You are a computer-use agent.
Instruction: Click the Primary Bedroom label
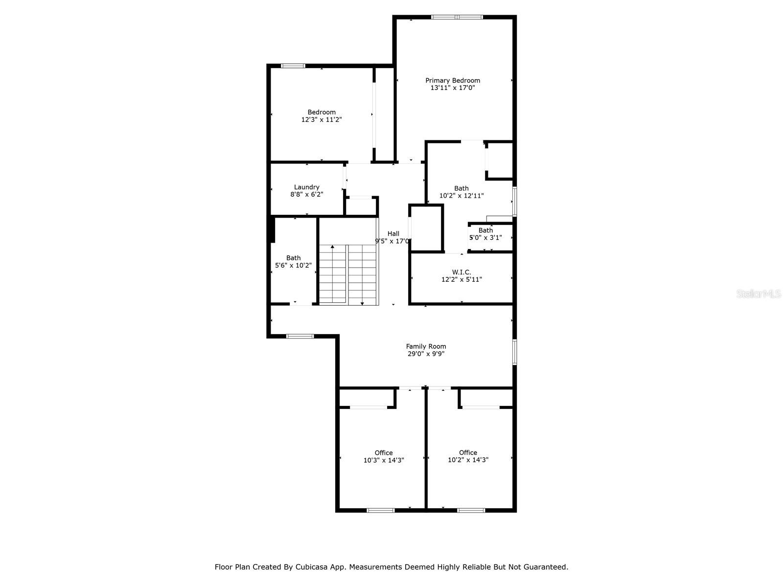[x=452, y=81]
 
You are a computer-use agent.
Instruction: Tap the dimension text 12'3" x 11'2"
[x=322, y=120]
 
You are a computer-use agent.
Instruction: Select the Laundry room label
[x=306, y=187]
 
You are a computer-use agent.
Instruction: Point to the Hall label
[x=393, y=233]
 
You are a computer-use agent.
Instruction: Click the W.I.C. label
[x=461, y=272]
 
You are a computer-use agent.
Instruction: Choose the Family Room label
[x=426, y=346]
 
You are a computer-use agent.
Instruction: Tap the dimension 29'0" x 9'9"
[x=426, y=354]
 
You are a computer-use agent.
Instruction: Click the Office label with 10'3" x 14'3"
[x=384, y=452]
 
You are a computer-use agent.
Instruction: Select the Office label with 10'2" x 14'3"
[x=468, y=452]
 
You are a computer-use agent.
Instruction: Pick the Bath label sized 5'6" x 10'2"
[x=293, y=258]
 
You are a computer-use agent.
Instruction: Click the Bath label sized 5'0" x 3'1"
[x=485, y=230]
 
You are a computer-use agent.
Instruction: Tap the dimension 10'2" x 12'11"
[x=461, y=196]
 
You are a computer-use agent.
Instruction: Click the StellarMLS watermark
[x=759, y=293]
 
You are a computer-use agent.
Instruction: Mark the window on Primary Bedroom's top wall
[x=457, y=17]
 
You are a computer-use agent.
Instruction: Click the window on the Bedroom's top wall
[x=293, y=66]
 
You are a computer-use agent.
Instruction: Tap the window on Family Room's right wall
[x=514, y=352]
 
